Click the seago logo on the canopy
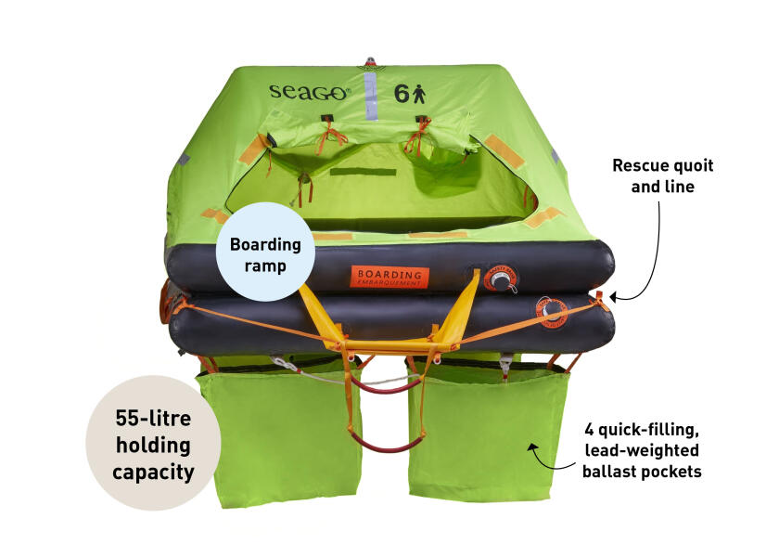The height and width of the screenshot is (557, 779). click(x=310, y=93)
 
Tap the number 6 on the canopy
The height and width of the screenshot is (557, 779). click(x=402, y=93)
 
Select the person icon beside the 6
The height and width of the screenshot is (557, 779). click(x=419, y=93)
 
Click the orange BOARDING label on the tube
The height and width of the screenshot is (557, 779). click(x=389, y=277)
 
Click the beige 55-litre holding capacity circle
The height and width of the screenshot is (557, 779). click(x=153, y=444)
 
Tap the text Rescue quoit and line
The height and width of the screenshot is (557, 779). click(x=663, y=175)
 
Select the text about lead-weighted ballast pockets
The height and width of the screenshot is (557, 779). click(x=642, y=450)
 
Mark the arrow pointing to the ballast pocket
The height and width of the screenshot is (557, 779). click(x=553, y=455)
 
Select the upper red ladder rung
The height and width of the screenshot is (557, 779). click(x=384, y=383)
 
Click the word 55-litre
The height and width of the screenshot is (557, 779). click(x=153, y=418)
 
